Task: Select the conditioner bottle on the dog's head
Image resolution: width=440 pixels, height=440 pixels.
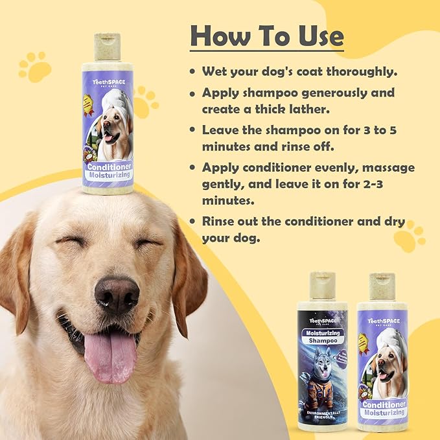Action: coord(107,117)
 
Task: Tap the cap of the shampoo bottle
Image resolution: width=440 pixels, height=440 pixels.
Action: coord(322,286)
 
